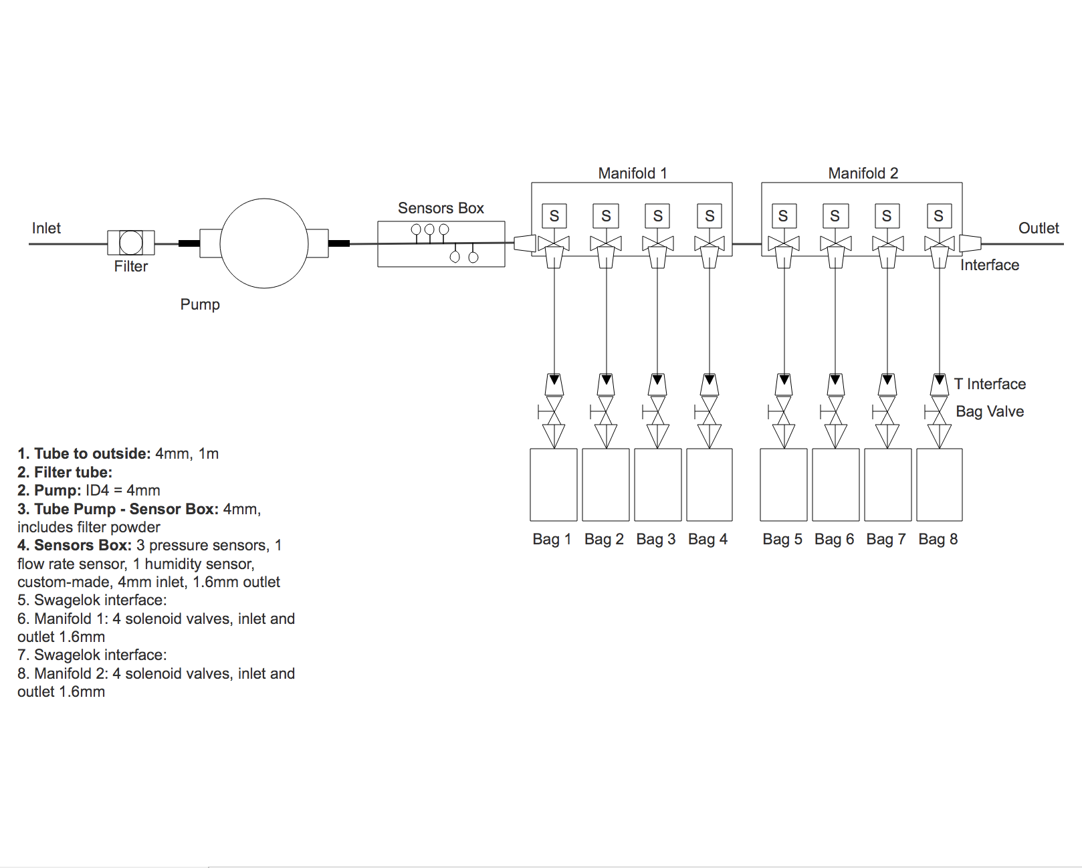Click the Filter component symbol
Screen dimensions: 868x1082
[x=131, y=242]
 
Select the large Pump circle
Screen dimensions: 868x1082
[x=264, y=243]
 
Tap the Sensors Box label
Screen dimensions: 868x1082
[x=441, y=208]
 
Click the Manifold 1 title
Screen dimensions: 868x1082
[x=632, y=173]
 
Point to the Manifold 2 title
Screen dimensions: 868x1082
[x=863, y=173]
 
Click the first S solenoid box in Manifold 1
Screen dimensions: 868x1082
[x=554, y=216]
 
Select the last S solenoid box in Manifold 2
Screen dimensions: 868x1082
[x=938, y=216]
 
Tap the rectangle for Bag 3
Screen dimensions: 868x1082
[x=657, y=485]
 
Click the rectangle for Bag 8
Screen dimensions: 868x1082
[x=939, y=485]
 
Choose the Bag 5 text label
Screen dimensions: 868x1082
[x=782, y=539]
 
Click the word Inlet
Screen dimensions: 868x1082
[x=46, y=228]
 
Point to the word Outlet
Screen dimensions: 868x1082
[x=1039, y=228]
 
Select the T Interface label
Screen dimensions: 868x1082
[x=990, y=384]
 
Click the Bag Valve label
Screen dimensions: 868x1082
[x=990, y=411]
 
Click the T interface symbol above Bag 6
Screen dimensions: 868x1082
[x=835, y=385]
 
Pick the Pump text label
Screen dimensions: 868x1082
[x=200, y=304]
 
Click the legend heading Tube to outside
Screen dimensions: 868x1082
[x=84, y=453]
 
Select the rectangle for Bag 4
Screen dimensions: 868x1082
[x=710, y=485]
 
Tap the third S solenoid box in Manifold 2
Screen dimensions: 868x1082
[x=887, y=216]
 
